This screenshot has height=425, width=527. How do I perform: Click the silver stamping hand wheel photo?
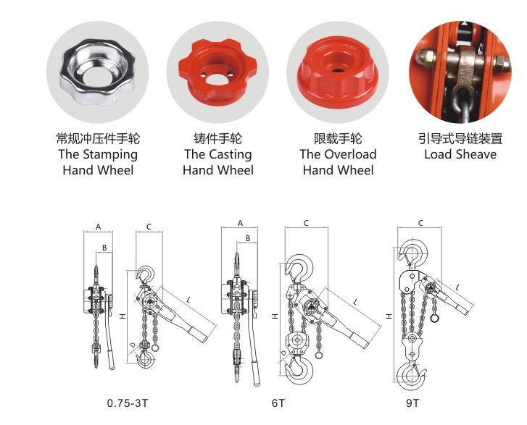click(97, 72)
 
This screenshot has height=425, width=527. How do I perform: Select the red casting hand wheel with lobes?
click(217, 70)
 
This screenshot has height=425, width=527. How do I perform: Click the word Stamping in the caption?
click(110, 155)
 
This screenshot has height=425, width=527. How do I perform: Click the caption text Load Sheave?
click(460, 154)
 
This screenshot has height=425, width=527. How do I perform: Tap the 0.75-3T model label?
click(128, 403)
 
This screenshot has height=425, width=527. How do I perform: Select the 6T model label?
click(278, 403)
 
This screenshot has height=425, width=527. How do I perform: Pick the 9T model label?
click(412, 403)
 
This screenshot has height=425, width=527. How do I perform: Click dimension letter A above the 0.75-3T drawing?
click(98, 227)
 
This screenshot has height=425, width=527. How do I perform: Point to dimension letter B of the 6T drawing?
click(248, 238)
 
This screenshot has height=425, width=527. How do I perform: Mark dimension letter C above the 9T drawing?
click(420, 223)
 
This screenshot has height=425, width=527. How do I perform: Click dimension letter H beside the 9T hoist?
click(389, 316)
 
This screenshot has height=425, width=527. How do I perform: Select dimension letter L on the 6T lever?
click(355, 302)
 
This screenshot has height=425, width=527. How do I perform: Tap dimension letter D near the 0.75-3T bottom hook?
click(133, 345)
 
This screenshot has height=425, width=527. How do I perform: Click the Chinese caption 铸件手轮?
click(217, 138)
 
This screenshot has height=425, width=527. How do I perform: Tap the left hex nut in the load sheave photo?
click(426, 60)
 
